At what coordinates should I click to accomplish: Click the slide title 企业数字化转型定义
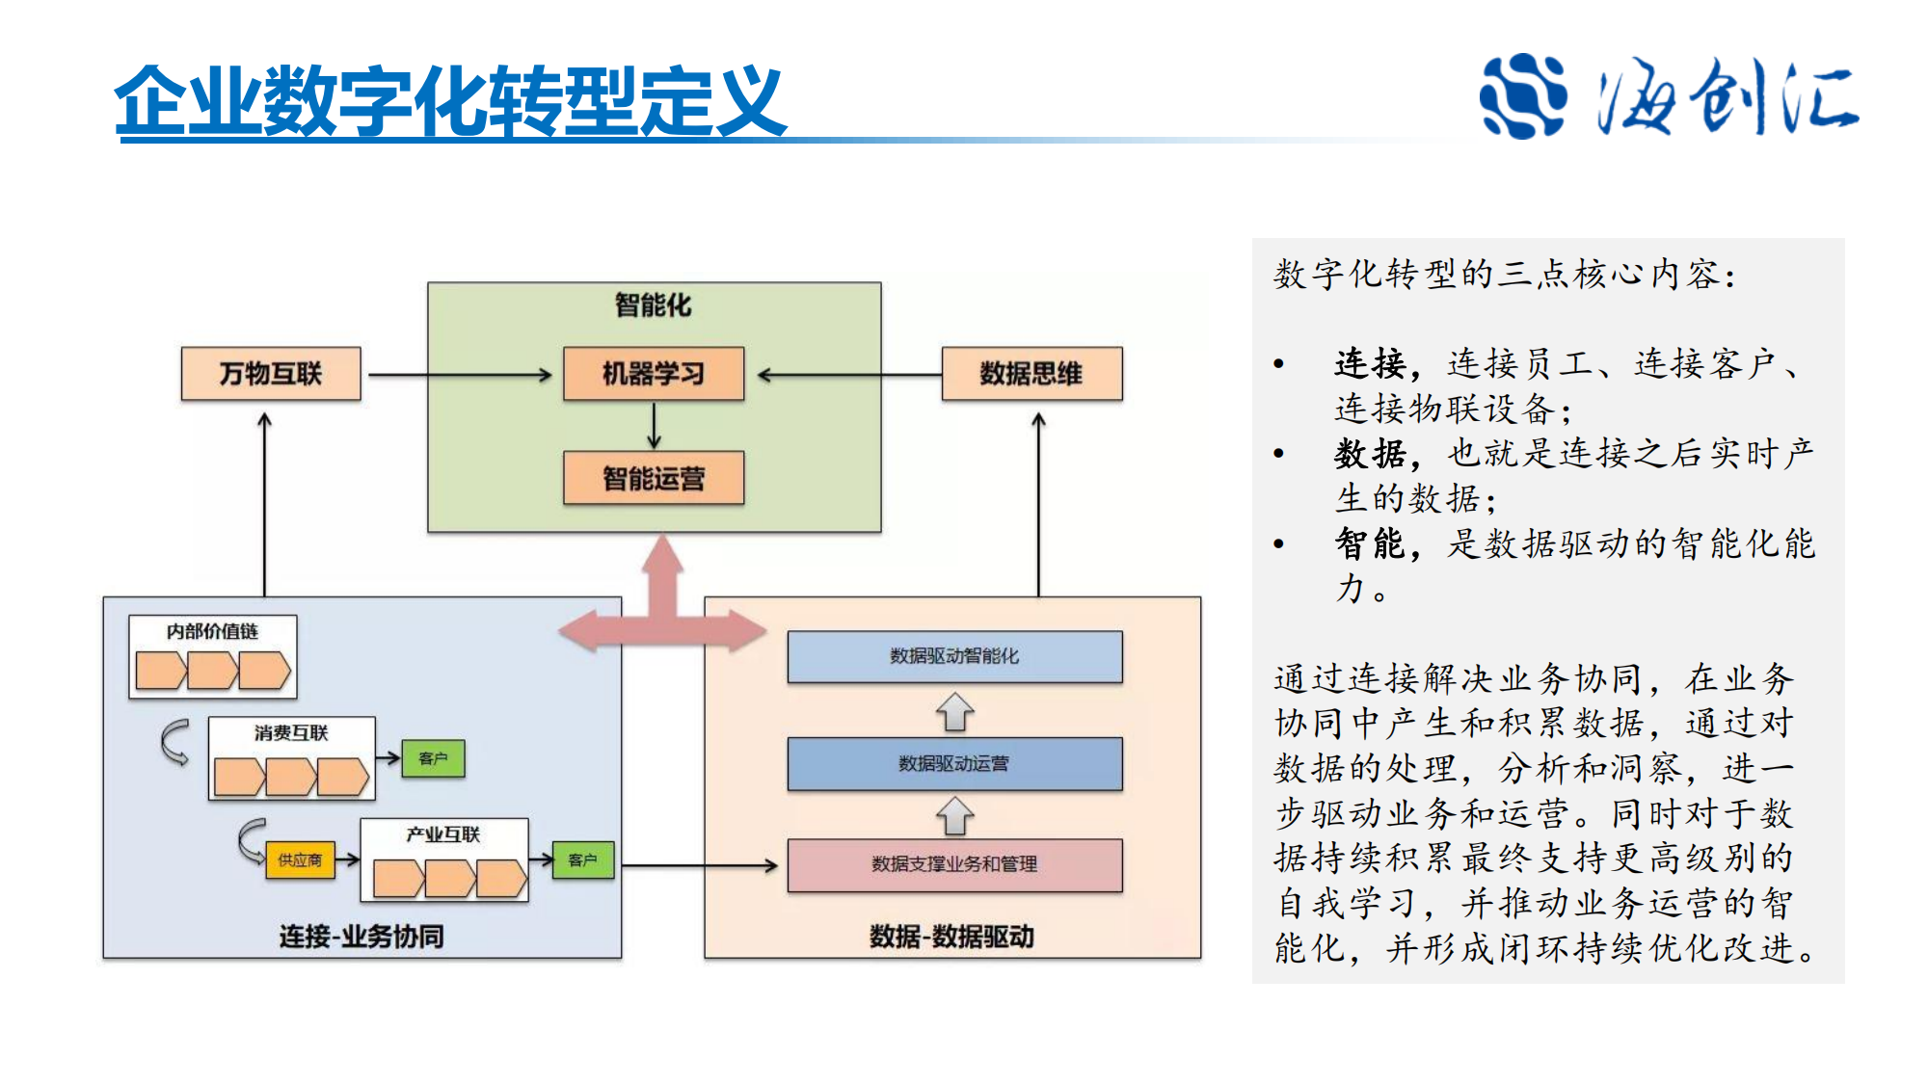coord(450,101)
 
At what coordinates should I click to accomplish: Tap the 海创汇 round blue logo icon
coord(1522,96)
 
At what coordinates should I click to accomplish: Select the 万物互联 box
coord(271,374)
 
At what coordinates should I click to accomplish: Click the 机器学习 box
coord(654,374)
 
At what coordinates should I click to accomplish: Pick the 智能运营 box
coord(654,478)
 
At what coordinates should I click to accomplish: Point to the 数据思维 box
coord(1031,374)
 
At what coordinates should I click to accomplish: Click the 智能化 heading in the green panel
coord(654,305)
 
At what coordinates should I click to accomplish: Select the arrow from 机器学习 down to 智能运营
coord(654,425)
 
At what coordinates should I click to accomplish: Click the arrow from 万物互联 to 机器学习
coord(460,375)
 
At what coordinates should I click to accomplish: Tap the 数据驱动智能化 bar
coord(954,656)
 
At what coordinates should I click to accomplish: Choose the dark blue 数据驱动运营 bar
coord(954,763)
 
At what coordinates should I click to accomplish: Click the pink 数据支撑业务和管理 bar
coord(954,864)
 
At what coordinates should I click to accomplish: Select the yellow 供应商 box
coord(300,859)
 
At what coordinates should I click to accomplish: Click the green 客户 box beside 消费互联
coord(433,758)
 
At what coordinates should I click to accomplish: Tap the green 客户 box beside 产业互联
coord(582,859)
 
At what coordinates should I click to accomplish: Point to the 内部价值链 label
coord(212,631)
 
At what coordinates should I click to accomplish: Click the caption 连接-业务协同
coord(361,936)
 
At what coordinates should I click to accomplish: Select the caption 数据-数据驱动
coord(951,936)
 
